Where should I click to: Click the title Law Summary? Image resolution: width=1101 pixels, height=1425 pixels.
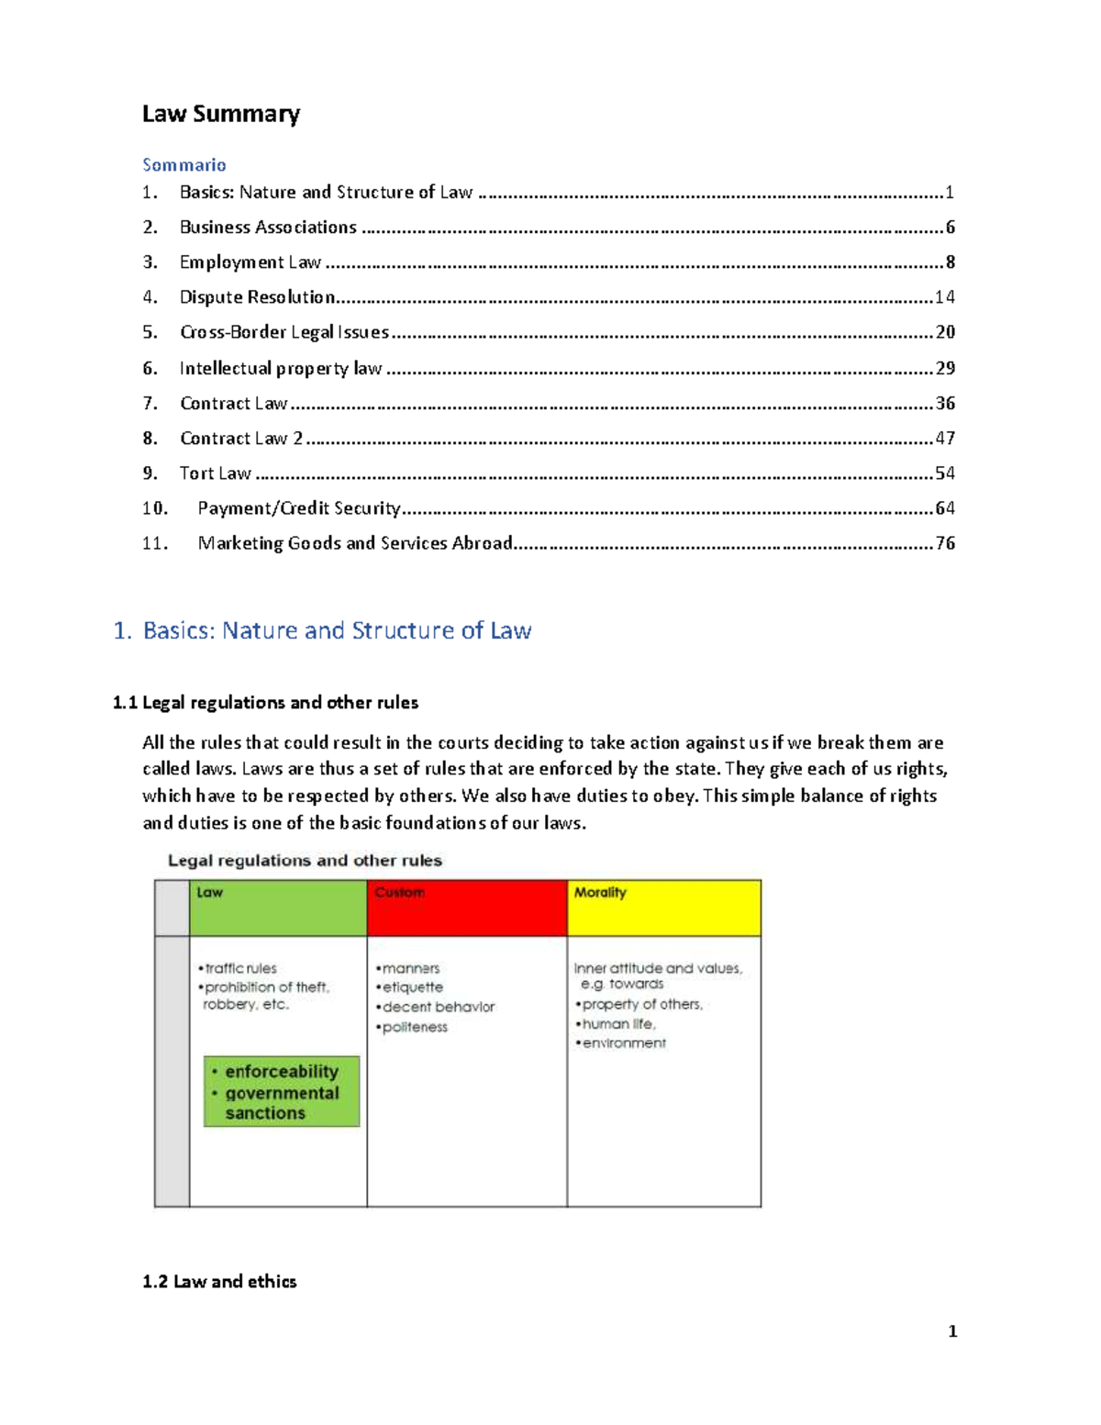coord(221,114)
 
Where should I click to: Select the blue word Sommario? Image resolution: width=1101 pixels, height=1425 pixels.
coord(183,165)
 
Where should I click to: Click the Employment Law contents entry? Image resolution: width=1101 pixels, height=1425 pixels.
coord(250,262)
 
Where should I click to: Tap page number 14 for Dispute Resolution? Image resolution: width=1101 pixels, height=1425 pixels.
coord(944,297)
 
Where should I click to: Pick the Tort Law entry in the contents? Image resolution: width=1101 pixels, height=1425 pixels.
coord(215,473)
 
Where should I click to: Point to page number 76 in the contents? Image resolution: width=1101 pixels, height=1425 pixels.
coord(944,543)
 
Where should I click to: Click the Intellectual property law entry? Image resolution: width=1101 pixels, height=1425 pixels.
coord(280,368)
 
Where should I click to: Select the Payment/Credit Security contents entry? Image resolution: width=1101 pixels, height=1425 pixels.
coord(299,508)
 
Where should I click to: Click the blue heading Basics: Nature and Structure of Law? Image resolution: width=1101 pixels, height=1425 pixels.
coord(336,630)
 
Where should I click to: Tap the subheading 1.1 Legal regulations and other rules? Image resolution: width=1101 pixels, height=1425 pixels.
coord(265,703)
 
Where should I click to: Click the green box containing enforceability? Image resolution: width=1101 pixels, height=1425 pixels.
coord(282,1091)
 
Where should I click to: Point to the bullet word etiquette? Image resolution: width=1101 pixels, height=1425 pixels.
coord(412,987)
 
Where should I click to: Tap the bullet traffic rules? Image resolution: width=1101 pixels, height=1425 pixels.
coord(240,968)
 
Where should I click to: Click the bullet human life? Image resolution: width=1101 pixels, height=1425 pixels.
coord(618,1024)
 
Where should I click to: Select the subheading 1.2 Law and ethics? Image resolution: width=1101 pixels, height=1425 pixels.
coord(219,1282)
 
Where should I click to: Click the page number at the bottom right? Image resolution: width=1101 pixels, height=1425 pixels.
coord(952,1331)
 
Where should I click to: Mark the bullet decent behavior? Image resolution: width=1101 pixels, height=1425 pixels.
coord(438,1007)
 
